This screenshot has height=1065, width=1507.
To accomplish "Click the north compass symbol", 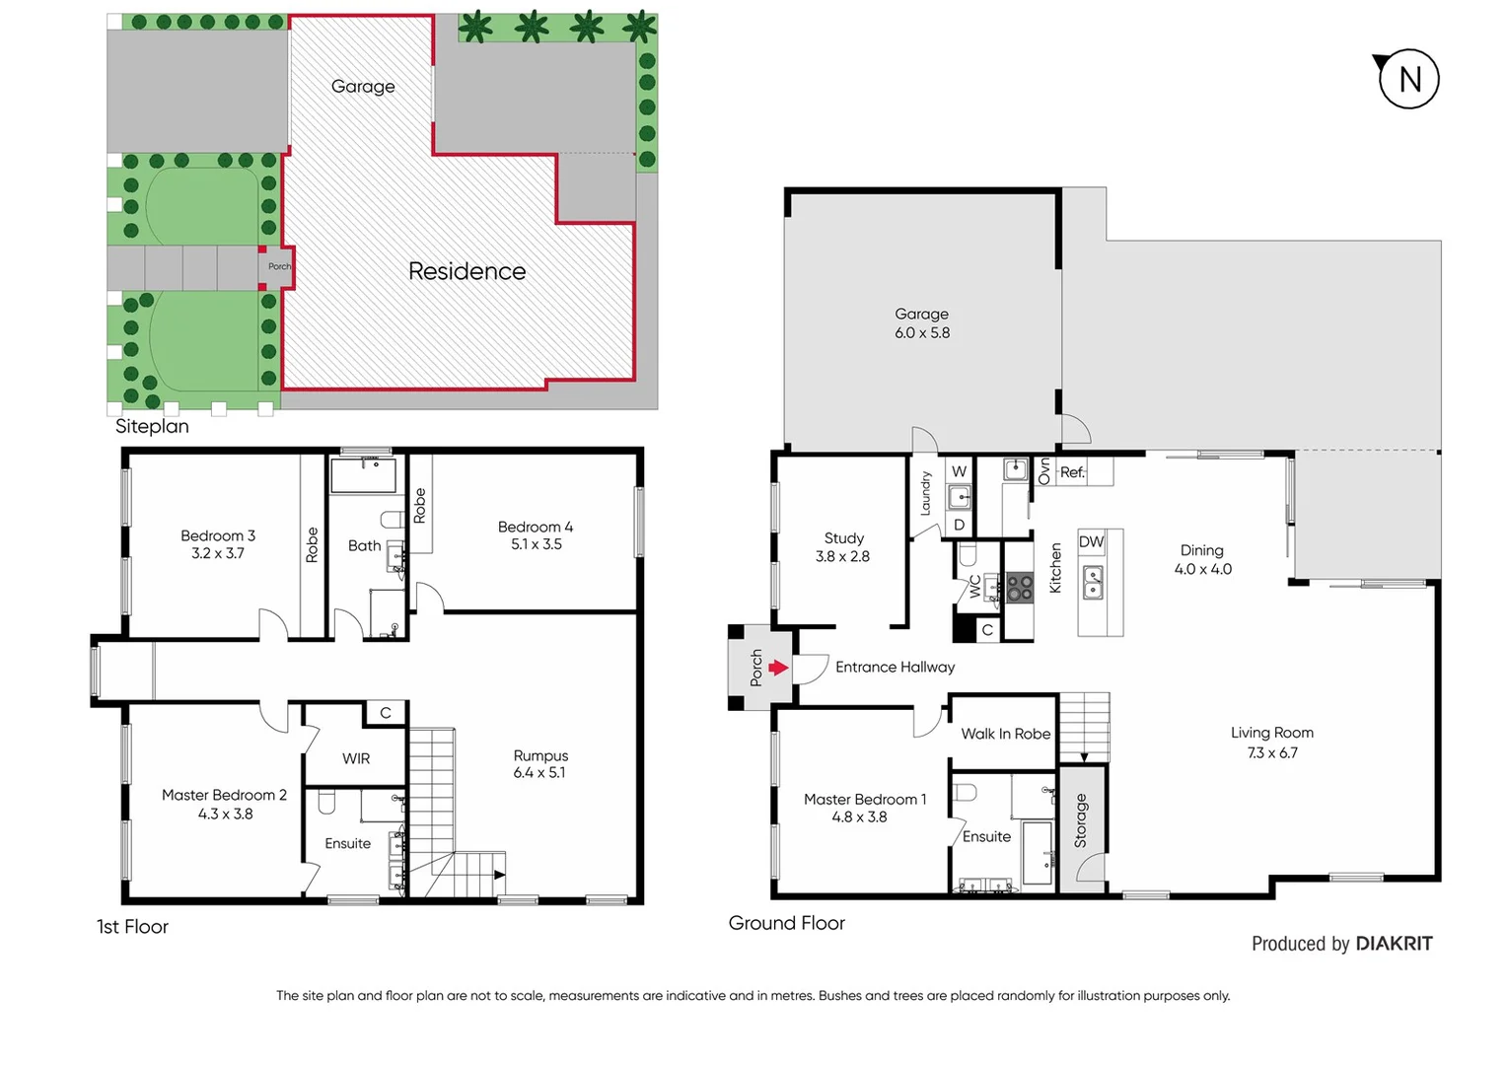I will [x=1407, y=79].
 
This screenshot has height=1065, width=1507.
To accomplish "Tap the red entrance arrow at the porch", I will [x=778, y=668].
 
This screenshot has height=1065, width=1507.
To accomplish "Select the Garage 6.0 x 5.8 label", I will [x=922, y=323].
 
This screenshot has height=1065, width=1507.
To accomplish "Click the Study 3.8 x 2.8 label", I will [x=843, y=547].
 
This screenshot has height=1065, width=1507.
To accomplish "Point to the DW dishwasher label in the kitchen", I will [x=1091, y=541].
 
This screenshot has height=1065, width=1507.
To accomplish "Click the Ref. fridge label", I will [x=1072, y=472].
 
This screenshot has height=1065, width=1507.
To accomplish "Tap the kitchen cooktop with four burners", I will [x=1019, y=588].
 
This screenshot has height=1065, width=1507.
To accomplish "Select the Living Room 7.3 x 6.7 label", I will [x=1271, y=743].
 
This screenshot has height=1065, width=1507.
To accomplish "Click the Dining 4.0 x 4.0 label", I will [x=1202, y=559].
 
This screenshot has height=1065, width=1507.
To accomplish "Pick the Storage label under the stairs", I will [x=1081, y=820].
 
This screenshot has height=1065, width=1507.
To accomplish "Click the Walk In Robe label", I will [x=1005, y=734].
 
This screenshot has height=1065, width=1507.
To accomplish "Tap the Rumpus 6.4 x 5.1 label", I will [x=540, y=764].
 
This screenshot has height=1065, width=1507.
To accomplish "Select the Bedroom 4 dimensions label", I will [x=536, y=544].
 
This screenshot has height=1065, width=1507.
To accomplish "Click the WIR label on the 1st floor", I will [x=356, y=758].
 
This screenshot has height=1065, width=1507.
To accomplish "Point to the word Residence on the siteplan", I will [x=466, y=271].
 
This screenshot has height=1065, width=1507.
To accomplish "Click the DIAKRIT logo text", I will [x=1394, y=944].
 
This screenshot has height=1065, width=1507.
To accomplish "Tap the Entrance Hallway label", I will [x=895, y=668].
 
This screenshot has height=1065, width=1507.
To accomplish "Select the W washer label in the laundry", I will [x=959, y=471].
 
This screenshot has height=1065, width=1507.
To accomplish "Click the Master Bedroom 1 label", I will [x=864, y=808].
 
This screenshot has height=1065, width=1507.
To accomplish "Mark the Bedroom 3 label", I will [x=218, y=544].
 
